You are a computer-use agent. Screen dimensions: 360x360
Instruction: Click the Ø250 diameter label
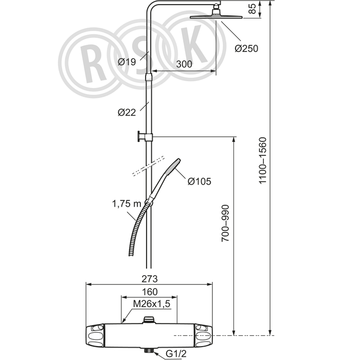246,48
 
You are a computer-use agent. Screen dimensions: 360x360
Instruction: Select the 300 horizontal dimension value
184,64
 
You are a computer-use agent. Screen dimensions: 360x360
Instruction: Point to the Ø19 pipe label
127,62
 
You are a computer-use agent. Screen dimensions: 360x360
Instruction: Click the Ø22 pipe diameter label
127,112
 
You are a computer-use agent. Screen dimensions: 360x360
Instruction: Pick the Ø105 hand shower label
200,182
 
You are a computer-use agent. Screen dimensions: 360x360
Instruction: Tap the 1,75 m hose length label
127,204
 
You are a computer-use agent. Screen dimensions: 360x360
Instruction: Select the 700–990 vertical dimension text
225,223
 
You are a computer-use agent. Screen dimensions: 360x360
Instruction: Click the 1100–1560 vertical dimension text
263,160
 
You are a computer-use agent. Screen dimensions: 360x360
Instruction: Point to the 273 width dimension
150,279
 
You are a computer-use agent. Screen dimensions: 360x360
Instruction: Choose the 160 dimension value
150,292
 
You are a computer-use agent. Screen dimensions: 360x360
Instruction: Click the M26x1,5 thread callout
152,304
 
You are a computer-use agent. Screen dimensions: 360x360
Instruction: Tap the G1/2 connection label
176,354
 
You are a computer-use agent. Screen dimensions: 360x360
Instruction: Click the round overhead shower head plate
217,17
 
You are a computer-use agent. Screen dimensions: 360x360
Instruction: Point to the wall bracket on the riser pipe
145,137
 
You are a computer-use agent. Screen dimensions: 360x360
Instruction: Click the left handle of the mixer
95,335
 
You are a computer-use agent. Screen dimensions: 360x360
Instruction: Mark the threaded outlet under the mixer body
149,350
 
